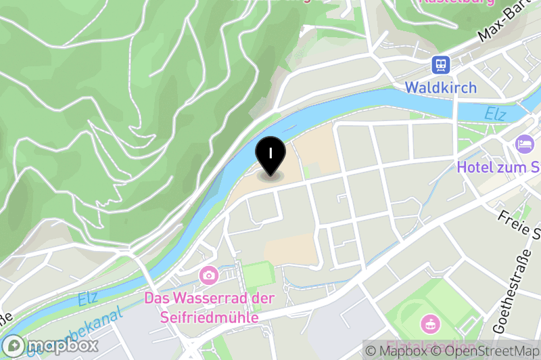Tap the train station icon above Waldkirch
point(441,64)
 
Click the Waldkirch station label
point(441,87)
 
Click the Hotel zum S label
point(498,166)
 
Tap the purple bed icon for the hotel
point(525,143)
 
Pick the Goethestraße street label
point(511,298)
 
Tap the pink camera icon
point(208,275)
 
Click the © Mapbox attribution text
point(394,351)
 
